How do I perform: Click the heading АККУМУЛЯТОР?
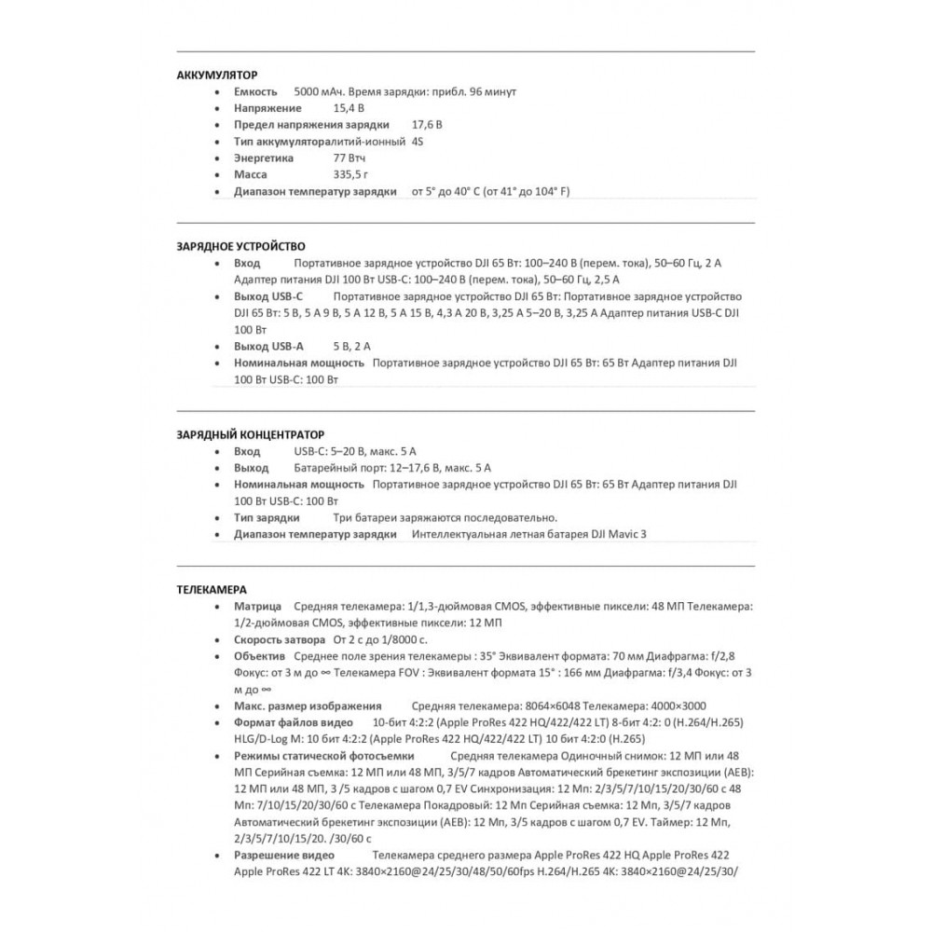tap(217, 74)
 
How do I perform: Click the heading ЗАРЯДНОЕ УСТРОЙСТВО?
tap(240, 246)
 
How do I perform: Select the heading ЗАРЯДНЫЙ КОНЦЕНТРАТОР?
tap(251, 434)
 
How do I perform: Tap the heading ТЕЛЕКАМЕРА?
tap(212, 589)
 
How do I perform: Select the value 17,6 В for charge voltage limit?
tap(428, 125)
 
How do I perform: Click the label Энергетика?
tap(264, 158)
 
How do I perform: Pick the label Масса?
tap(251, 174)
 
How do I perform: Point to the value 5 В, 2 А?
tap(351, 346)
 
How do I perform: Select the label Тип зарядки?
tap(267, 517)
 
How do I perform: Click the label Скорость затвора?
tap(274, 640)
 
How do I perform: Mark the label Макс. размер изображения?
tap(308, 706)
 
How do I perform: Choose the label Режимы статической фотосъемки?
tap(323, 755)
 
